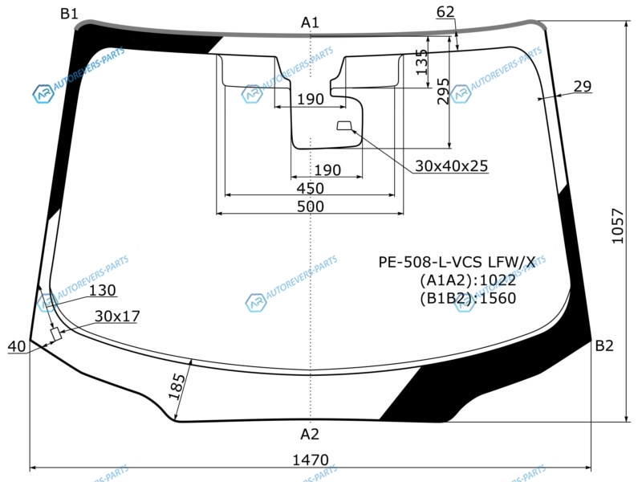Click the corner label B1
point(69,14)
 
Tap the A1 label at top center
point(310,22)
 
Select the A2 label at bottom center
point(310,434)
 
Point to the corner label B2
point(604,346)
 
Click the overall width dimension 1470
point(311,460)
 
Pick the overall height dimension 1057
point(617,226)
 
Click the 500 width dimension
point(311,206)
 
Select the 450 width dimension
point(311,188)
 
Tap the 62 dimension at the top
point(445,12)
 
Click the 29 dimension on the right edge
point(583,87)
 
